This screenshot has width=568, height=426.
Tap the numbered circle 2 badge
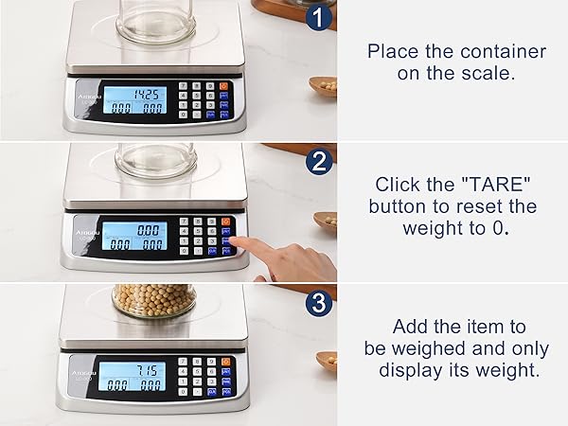319,162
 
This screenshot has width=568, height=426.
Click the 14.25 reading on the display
145,94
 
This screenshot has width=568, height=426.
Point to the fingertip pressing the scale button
238,244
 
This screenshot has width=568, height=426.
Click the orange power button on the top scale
224,87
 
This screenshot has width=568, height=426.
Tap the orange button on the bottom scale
224,362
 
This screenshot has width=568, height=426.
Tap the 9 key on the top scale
211,86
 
